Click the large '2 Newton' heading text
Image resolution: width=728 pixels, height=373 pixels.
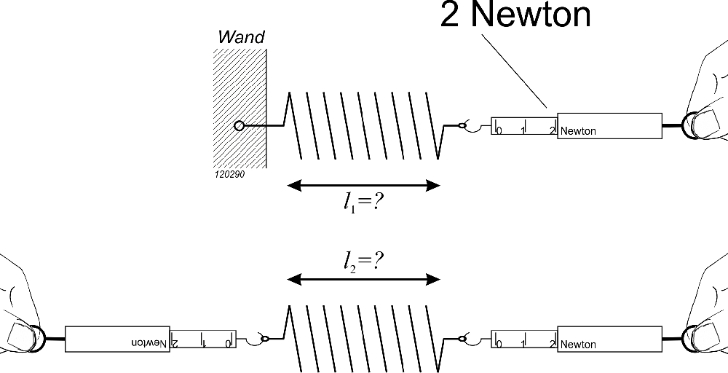515,15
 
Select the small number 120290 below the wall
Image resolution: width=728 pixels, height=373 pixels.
229,175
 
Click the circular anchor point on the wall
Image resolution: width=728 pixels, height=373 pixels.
239,126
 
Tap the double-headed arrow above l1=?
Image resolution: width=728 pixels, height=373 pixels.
363,185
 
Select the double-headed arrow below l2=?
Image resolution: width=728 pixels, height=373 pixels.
363,278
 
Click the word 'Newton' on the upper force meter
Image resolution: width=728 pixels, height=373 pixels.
578,132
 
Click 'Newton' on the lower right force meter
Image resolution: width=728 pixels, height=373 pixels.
578,345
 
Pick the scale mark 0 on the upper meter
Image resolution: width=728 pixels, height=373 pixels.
499,130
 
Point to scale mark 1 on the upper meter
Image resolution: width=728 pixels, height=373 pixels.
523,130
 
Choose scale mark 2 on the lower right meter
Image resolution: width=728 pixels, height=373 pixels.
553,344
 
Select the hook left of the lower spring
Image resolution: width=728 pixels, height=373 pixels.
257,339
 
